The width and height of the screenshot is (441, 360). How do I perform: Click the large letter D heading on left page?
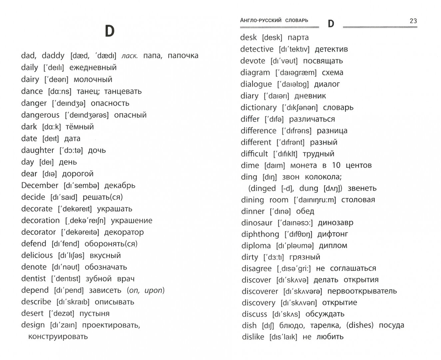(110, 31)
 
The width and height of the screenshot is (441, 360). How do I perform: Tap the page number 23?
(413, 21)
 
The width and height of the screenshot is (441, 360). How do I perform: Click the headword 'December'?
(40, 185)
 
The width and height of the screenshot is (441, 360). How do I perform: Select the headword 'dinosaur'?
(257, 223)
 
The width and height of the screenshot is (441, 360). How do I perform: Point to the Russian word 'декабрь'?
(120, 186)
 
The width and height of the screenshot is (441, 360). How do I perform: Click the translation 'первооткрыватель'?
(362, 291)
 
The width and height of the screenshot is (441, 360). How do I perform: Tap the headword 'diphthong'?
(260, 234)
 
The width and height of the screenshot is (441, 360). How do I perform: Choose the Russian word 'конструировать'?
(58, 336)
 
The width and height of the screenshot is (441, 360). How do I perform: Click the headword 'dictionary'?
(258, 107)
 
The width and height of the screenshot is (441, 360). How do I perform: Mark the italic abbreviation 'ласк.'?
(129, 56)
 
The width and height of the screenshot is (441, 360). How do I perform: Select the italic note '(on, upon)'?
(146, 290)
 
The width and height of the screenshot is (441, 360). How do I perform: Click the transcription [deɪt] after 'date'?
(51, 139)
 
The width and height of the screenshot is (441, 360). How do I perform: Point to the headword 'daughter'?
(37, 150)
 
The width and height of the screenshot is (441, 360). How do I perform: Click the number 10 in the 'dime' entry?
(336, 165)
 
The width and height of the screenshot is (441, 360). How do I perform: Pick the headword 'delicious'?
(37, 255)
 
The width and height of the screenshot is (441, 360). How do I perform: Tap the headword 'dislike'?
(253, 337)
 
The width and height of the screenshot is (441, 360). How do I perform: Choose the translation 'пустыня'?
(94, 313)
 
